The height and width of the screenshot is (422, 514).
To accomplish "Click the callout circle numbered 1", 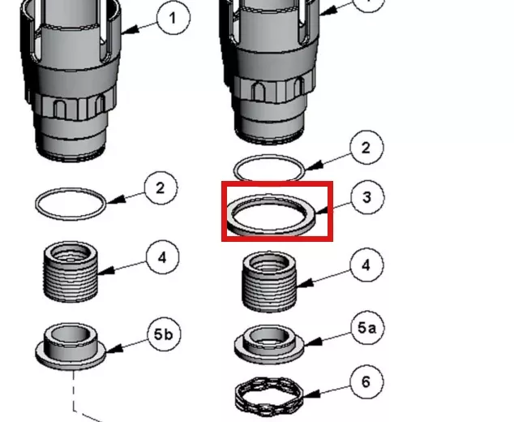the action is [x=173, y=18].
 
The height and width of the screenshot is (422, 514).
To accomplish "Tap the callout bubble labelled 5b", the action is [x=164, y=334].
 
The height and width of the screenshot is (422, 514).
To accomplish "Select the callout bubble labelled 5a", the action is [x=366, y=328].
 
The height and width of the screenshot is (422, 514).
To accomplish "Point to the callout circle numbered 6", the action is [x=366, y=382].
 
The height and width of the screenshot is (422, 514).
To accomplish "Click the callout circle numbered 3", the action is [x=367, y=197].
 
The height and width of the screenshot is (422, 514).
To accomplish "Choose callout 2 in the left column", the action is [x=161, y=188].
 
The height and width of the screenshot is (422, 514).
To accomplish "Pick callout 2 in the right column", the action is [x=366, y=148].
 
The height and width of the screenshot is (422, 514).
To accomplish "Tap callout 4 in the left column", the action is [x=163, y=258].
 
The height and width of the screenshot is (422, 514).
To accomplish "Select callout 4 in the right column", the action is [x=366, y=265].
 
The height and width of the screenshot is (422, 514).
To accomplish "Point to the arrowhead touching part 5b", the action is [x=114, y=348].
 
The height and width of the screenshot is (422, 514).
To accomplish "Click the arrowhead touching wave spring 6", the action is [x=311, y=394].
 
